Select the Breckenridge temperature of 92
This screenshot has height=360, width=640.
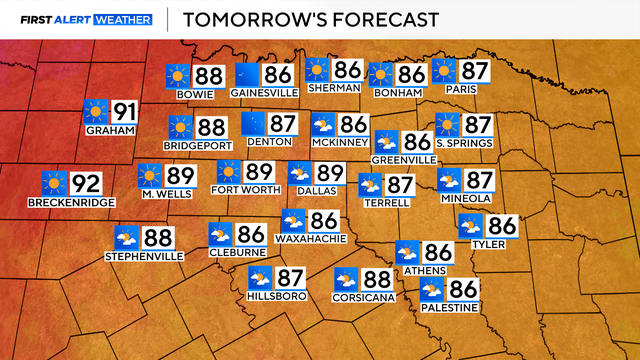[85, 183]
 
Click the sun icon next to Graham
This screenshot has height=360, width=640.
[97, 112]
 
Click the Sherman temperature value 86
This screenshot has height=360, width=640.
[347, 69]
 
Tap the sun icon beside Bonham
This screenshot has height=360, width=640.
[380, 74]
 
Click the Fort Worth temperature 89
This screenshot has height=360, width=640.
[259, 172]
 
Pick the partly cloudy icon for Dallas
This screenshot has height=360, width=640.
[300, 173]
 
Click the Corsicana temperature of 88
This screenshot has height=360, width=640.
[376, 279]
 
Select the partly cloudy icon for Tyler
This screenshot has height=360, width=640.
[471, 227]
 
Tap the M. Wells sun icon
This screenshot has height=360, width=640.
[150, 176]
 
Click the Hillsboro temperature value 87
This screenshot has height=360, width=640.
[290, 278]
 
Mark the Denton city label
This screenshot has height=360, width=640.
[268, 144]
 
